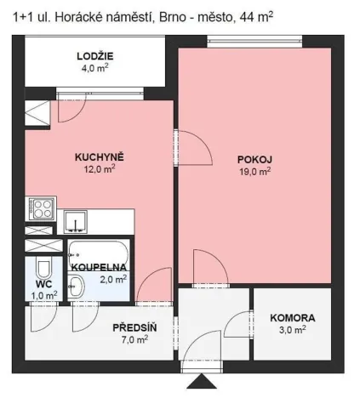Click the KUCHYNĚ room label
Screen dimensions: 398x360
100,156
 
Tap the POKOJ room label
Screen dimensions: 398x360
254,158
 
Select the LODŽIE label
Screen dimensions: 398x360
95,57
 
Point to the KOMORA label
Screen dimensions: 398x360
292,318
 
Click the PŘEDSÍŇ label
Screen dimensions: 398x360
134,326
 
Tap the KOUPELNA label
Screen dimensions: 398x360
99,267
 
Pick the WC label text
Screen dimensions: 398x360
44,283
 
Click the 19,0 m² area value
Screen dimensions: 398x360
255,170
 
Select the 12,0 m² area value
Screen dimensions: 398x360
100,168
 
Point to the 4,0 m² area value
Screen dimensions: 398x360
95,69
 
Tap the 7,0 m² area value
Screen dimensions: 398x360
134,338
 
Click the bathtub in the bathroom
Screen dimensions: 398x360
98,251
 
